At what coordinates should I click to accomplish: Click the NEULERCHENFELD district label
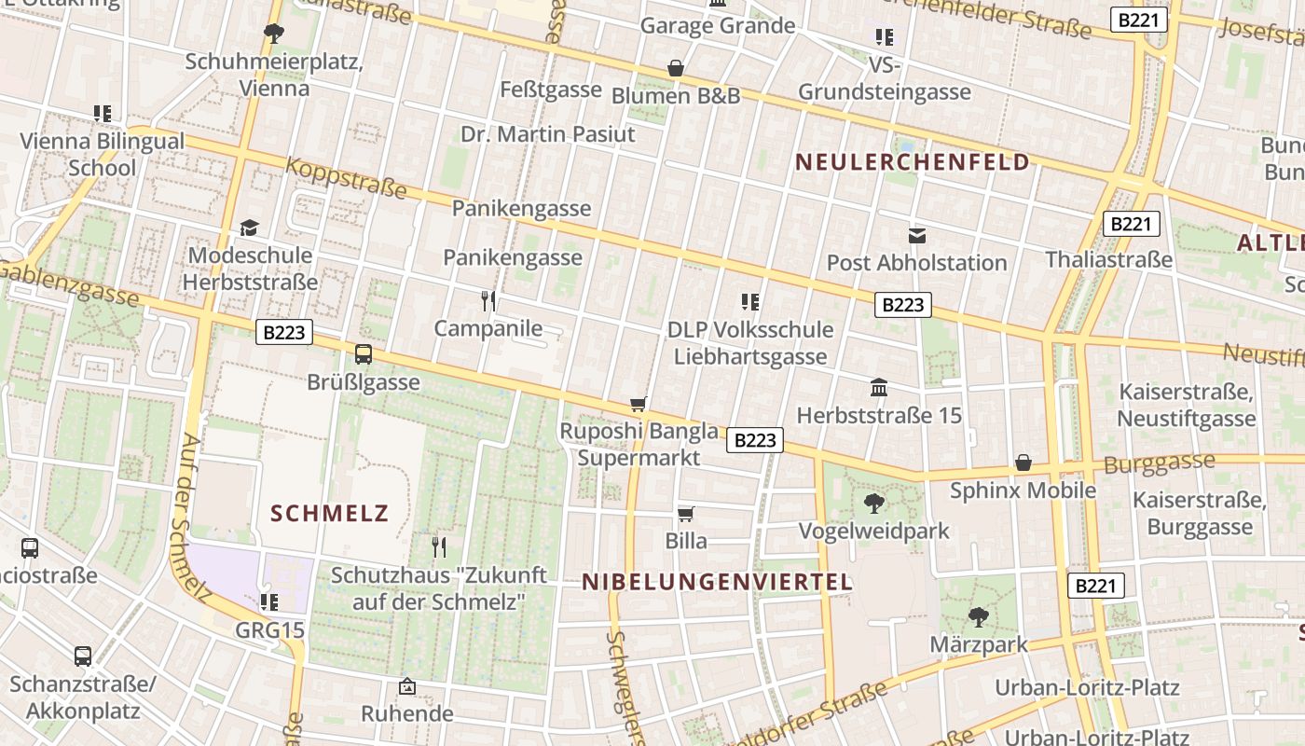(x=912, y=162)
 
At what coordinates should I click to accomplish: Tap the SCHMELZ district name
(x=329, y=513)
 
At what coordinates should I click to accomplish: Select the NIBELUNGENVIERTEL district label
(x=717, y=583)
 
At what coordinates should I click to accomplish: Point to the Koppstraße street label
(x=346, y=177)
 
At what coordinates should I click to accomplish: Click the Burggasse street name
(x=1159, y=463)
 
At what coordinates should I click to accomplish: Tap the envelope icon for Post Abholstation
(x=917, y=236)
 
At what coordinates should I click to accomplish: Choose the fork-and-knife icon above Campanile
(x=488, y=300)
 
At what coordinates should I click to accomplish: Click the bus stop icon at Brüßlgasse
(x=364, y=354)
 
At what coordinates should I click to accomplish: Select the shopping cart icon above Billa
(x=686, y=514)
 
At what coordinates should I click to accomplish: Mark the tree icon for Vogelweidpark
(x=873, y=504)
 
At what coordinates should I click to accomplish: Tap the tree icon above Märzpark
(x=978, y=616)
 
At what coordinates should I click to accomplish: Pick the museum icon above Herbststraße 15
(x=878, y=387)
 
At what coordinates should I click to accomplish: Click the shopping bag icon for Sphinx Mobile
(x=1023, y=463)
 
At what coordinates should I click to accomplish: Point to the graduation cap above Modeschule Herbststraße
(x=249, y=228)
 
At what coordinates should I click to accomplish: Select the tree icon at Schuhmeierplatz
(x=273, y=35)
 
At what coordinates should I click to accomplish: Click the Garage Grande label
(x=717, y=25)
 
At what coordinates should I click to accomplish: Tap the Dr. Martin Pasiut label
(x=547, y=134)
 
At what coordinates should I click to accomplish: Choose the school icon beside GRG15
(x=269, y=602)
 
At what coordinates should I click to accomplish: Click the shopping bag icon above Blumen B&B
(x=676, y=68)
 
